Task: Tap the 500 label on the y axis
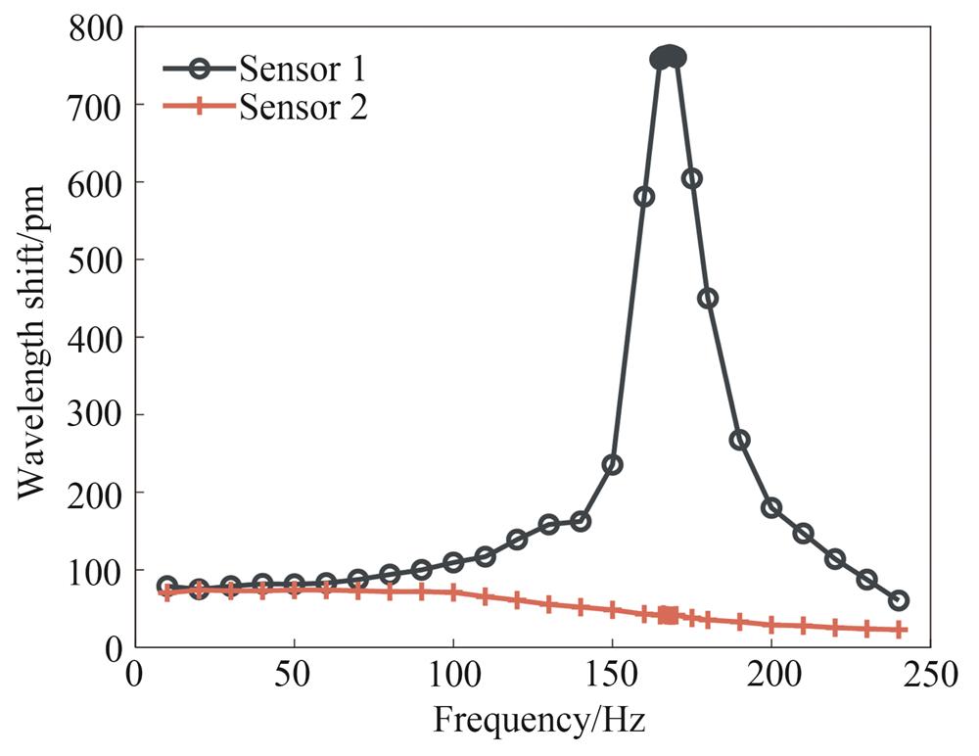click(95, 260)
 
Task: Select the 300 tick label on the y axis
click(95, 414)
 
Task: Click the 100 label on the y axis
click(95, 570)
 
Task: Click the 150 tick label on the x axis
click(612, 676)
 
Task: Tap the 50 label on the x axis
click(294, 676)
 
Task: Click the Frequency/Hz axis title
click(539, 721)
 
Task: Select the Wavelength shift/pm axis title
click(35, 338)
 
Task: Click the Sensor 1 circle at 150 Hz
click(612, 464)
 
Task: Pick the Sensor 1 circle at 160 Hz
click(644, 196)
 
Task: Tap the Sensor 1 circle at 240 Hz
click(898, 600)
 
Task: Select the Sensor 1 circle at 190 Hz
click(739, 440)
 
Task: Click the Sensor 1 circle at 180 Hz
click(708, 298)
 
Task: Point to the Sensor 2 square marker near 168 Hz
click(669, 615)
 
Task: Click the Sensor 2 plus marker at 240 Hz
click(898, 630)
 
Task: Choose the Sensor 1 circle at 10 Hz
click(166, 586)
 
